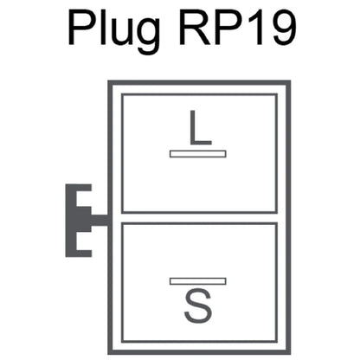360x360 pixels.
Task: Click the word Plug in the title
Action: click(x=114, y=30)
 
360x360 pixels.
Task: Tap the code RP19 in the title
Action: click(x=237, y=28)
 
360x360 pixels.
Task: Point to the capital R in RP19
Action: click(x=195, y=28)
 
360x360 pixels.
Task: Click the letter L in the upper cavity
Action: click(x=201, y=127)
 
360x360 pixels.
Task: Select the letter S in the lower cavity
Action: click(x=198, y=306)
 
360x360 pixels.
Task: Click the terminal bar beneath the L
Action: click(x=198, y=154)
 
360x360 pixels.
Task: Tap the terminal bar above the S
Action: click(x=198, y=281)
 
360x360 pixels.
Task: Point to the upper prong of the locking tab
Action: click(x=84, y=188)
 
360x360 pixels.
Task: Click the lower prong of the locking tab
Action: click(x=84, y=253)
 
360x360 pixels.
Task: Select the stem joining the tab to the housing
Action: click(x=100, y=221)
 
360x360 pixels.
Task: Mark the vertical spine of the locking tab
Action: click(x=71, y=221)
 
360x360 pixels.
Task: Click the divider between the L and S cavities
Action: click(x=200, y=218)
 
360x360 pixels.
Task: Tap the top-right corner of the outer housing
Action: click(x=289, y=82)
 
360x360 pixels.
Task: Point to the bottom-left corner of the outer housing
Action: click(x=110, y=353)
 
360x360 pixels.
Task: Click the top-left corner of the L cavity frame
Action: click(x=123, y=94)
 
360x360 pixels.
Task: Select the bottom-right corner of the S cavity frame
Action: click(x=276, y=342)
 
